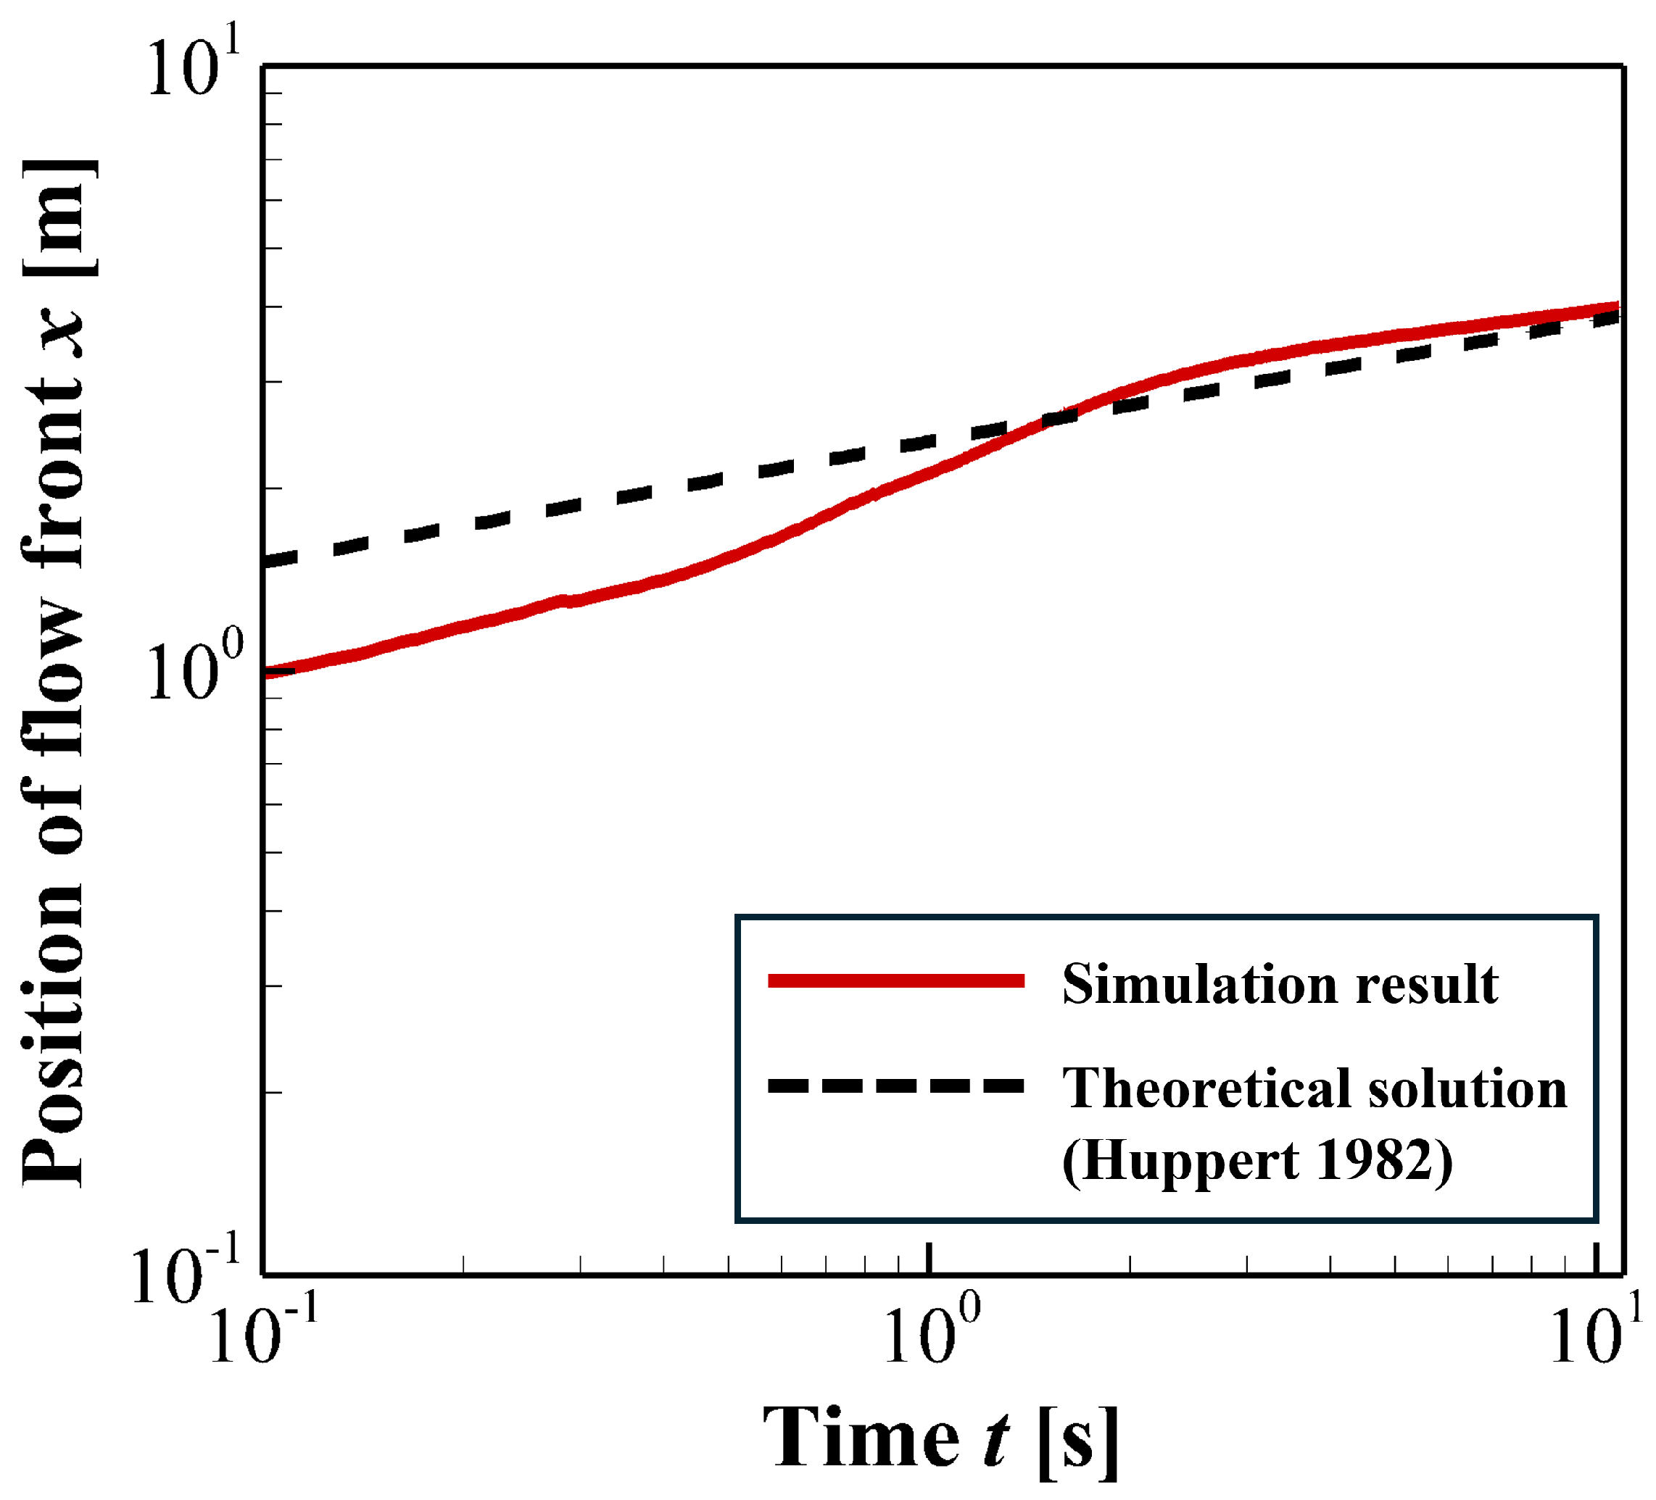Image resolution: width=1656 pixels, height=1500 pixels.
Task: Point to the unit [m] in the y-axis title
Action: (57, 217)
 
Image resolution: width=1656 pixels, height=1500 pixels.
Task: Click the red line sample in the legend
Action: (895, 980)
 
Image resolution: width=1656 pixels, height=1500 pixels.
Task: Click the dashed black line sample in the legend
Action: (895, 1086)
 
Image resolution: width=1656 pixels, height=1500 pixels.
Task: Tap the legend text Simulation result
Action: (1280, 983)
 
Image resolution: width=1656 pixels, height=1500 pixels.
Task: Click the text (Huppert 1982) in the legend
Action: (1257, 1159)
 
